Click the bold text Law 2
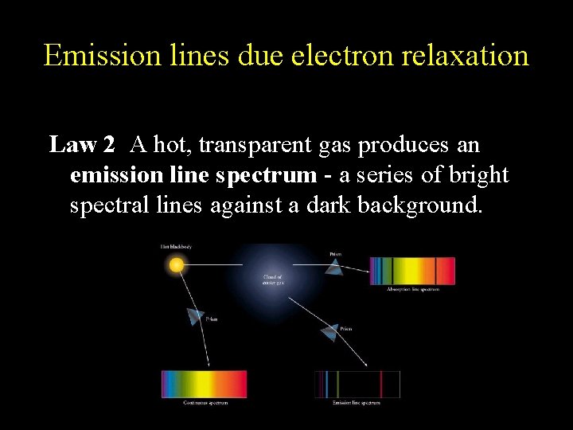coord(82,145)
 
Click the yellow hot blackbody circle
coord(177,264)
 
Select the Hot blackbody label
coord(176,247)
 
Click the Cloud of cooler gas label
coord(274,279)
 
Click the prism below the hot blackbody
coord(195,316)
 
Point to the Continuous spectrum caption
coord(205,403)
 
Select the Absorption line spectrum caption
coord(413,289)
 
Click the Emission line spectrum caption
coord(356,403)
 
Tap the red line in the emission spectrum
coord(381,384)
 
